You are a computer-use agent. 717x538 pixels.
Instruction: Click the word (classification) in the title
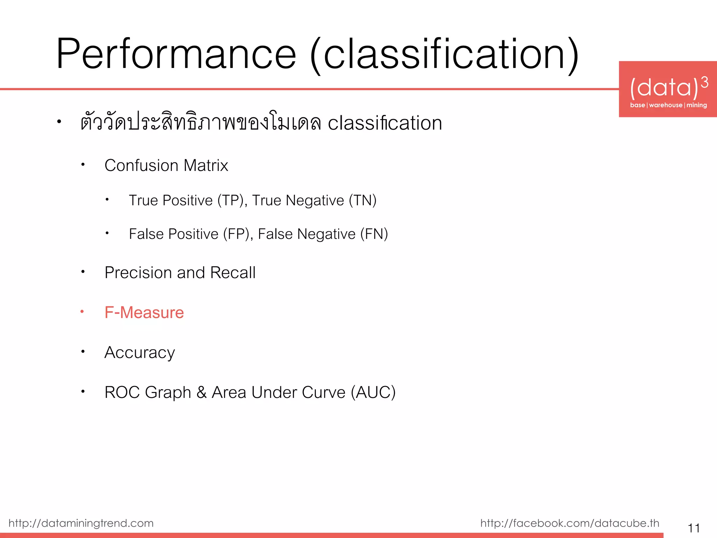(445, 55)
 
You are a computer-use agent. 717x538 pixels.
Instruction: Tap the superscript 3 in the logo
(704, 83)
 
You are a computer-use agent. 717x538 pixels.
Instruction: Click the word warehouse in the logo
(666, 105)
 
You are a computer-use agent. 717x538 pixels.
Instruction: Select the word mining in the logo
(696, 105)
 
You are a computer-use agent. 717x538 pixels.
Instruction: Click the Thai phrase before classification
(201, 123)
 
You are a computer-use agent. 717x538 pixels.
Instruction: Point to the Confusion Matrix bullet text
(166, 165)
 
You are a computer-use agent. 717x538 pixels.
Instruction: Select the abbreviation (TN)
(362, 200)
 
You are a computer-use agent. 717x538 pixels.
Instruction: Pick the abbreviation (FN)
(374, 234)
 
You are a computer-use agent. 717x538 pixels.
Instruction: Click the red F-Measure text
(144, 312)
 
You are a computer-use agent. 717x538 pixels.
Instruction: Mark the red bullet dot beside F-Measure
(82, 311)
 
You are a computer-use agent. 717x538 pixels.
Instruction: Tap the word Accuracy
(140, 352)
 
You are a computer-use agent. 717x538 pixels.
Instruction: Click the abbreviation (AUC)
(373, 392)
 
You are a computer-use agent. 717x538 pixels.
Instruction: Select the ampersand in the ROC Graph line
(202, 392)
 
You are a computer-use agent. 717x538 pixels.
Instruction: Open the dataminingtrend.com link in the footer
(81, 523)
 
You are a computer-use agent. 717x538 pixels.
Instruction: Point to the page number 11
(694, 527)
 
